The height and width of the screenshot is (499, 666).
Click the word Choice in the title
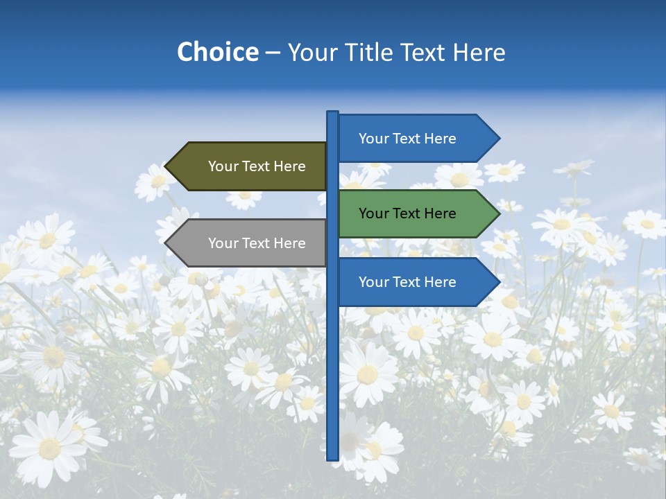[217, 52]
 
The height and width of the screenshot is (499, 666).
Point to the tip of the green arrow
[498, 213]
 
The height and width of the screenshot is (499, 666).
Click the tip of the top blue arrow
[498, 139]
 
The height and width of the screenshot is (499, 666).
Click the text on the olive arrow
[257, 166]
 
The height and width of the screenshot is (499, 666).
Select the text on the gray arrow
[257, 243]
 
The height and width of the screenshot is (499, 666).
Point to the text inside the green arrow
[407, 213]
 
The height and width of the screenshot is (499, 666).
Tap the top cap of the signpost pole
[332, 113]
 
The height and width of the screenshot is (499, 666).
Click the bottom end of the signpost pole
[332, 457]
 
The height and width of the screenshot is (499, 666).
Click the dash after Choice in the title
[273, 53]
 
